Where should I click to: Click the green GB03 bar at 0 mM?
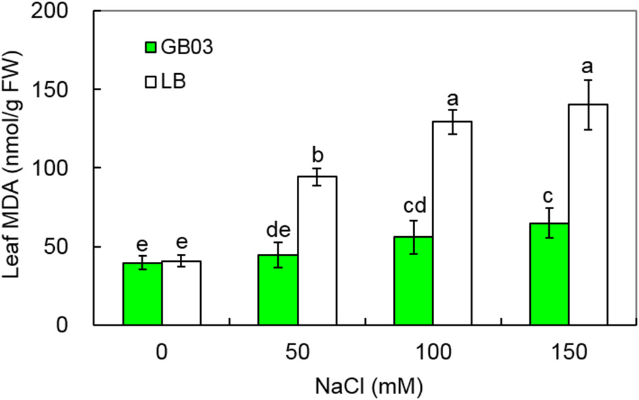click(142, 294)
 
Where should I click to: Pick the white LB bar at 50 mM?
click(317, 250)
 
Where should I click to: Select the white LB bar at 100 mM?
click(452, 223)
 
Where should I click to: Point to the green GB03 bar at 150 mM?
click(549, 274)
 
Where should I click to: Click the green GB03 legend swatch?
click(150, 47)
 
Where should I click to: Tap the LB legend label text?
click(174, 82)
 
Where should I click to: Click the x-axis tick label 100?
click(433, 354)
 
